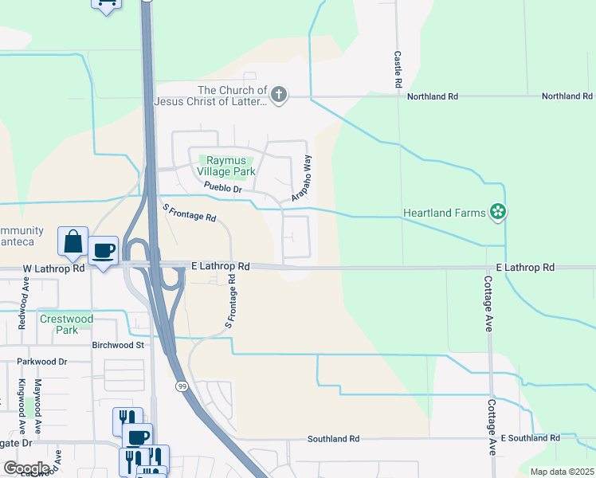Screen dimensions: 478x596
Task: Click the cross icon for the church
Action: (x=278, y=96)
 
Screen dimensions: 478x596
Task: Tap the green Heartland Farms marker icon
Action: (x=498, y=212)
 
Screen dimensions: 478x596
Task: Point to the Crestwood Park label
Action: (x=66, y=324)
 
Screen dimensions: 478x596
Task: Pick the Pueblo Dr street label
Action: (x=222, y=188)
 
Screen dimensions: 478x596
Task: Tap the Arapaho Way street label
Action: (x=302, y=178)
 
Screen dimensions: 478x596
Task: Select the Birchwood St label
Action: (x=118, y=345)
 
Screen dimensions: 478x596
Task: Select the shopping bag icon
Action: (x=73, y=241)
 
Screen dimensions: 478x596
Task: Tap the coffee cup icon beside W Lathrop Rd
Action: (x=103, y=250)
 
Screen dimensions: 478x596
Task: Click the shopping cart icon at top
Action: (x=106, y=3)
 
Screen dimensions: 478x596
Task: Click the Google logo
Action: (x=25, y=468)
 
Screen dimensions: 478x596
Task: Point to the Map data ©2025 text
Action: (x=561, y=472)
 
